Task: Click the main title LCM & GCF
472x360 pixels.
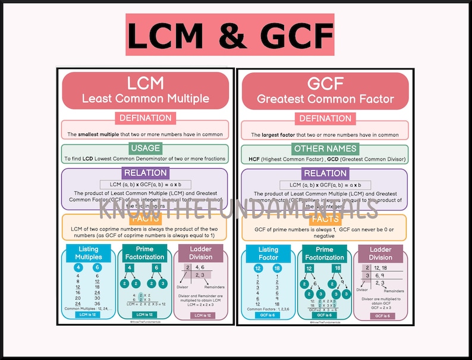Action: (229, 35)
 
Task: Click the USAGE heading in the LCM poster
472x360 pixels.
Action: (145, 148)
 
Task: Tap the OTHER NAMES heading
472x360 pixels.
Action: (325, 148)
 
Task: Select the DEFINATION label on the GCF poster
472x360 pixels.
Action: (325, 118)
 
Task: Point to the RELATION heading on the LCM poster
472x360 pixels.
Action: (145, 173)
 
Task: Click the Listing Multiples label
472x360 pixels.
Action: (88, 253)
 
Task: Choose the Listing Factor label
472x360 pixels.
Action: (268, 253)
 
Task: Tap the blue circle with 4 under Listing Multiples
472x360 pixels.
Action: (79, 268)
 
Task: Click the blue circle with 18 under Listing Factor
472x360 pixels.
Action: (277, 268)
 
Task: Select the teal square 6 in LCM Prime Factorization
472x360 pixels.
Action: (158, 267)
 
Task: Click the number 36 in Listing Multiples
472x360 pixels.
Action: (97, 304)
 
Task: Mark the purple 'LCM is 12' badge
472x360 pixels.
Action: (201, 315)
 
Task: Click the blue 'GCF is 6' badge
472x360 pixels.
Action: (268, 315)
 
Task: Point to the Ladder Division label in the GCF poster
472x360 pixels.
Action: (381, 253)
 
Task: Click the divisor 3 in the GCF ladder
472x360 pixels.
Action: (368, 276)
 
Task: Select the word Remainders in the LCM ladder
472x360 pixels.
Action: (214, 287)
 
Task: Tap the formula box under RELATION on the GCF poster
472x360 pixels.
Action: (325, 185)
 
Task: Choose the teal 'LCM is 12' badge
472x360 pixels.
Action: (144, 315)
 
